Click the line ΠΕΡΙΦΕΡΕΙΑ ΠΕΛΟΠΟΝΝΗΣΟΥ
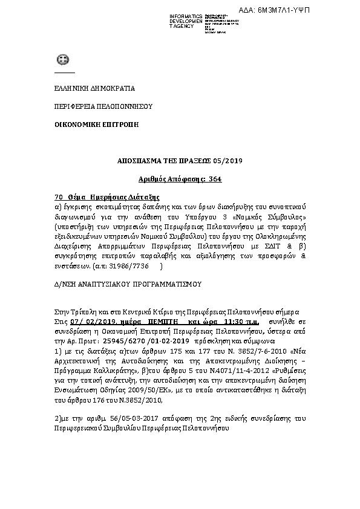click(x=94, y=106)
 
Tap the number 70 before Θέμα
click(x=59, y=197)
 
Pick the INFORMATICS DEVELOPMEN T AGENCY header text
click(x=187, y=21)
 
